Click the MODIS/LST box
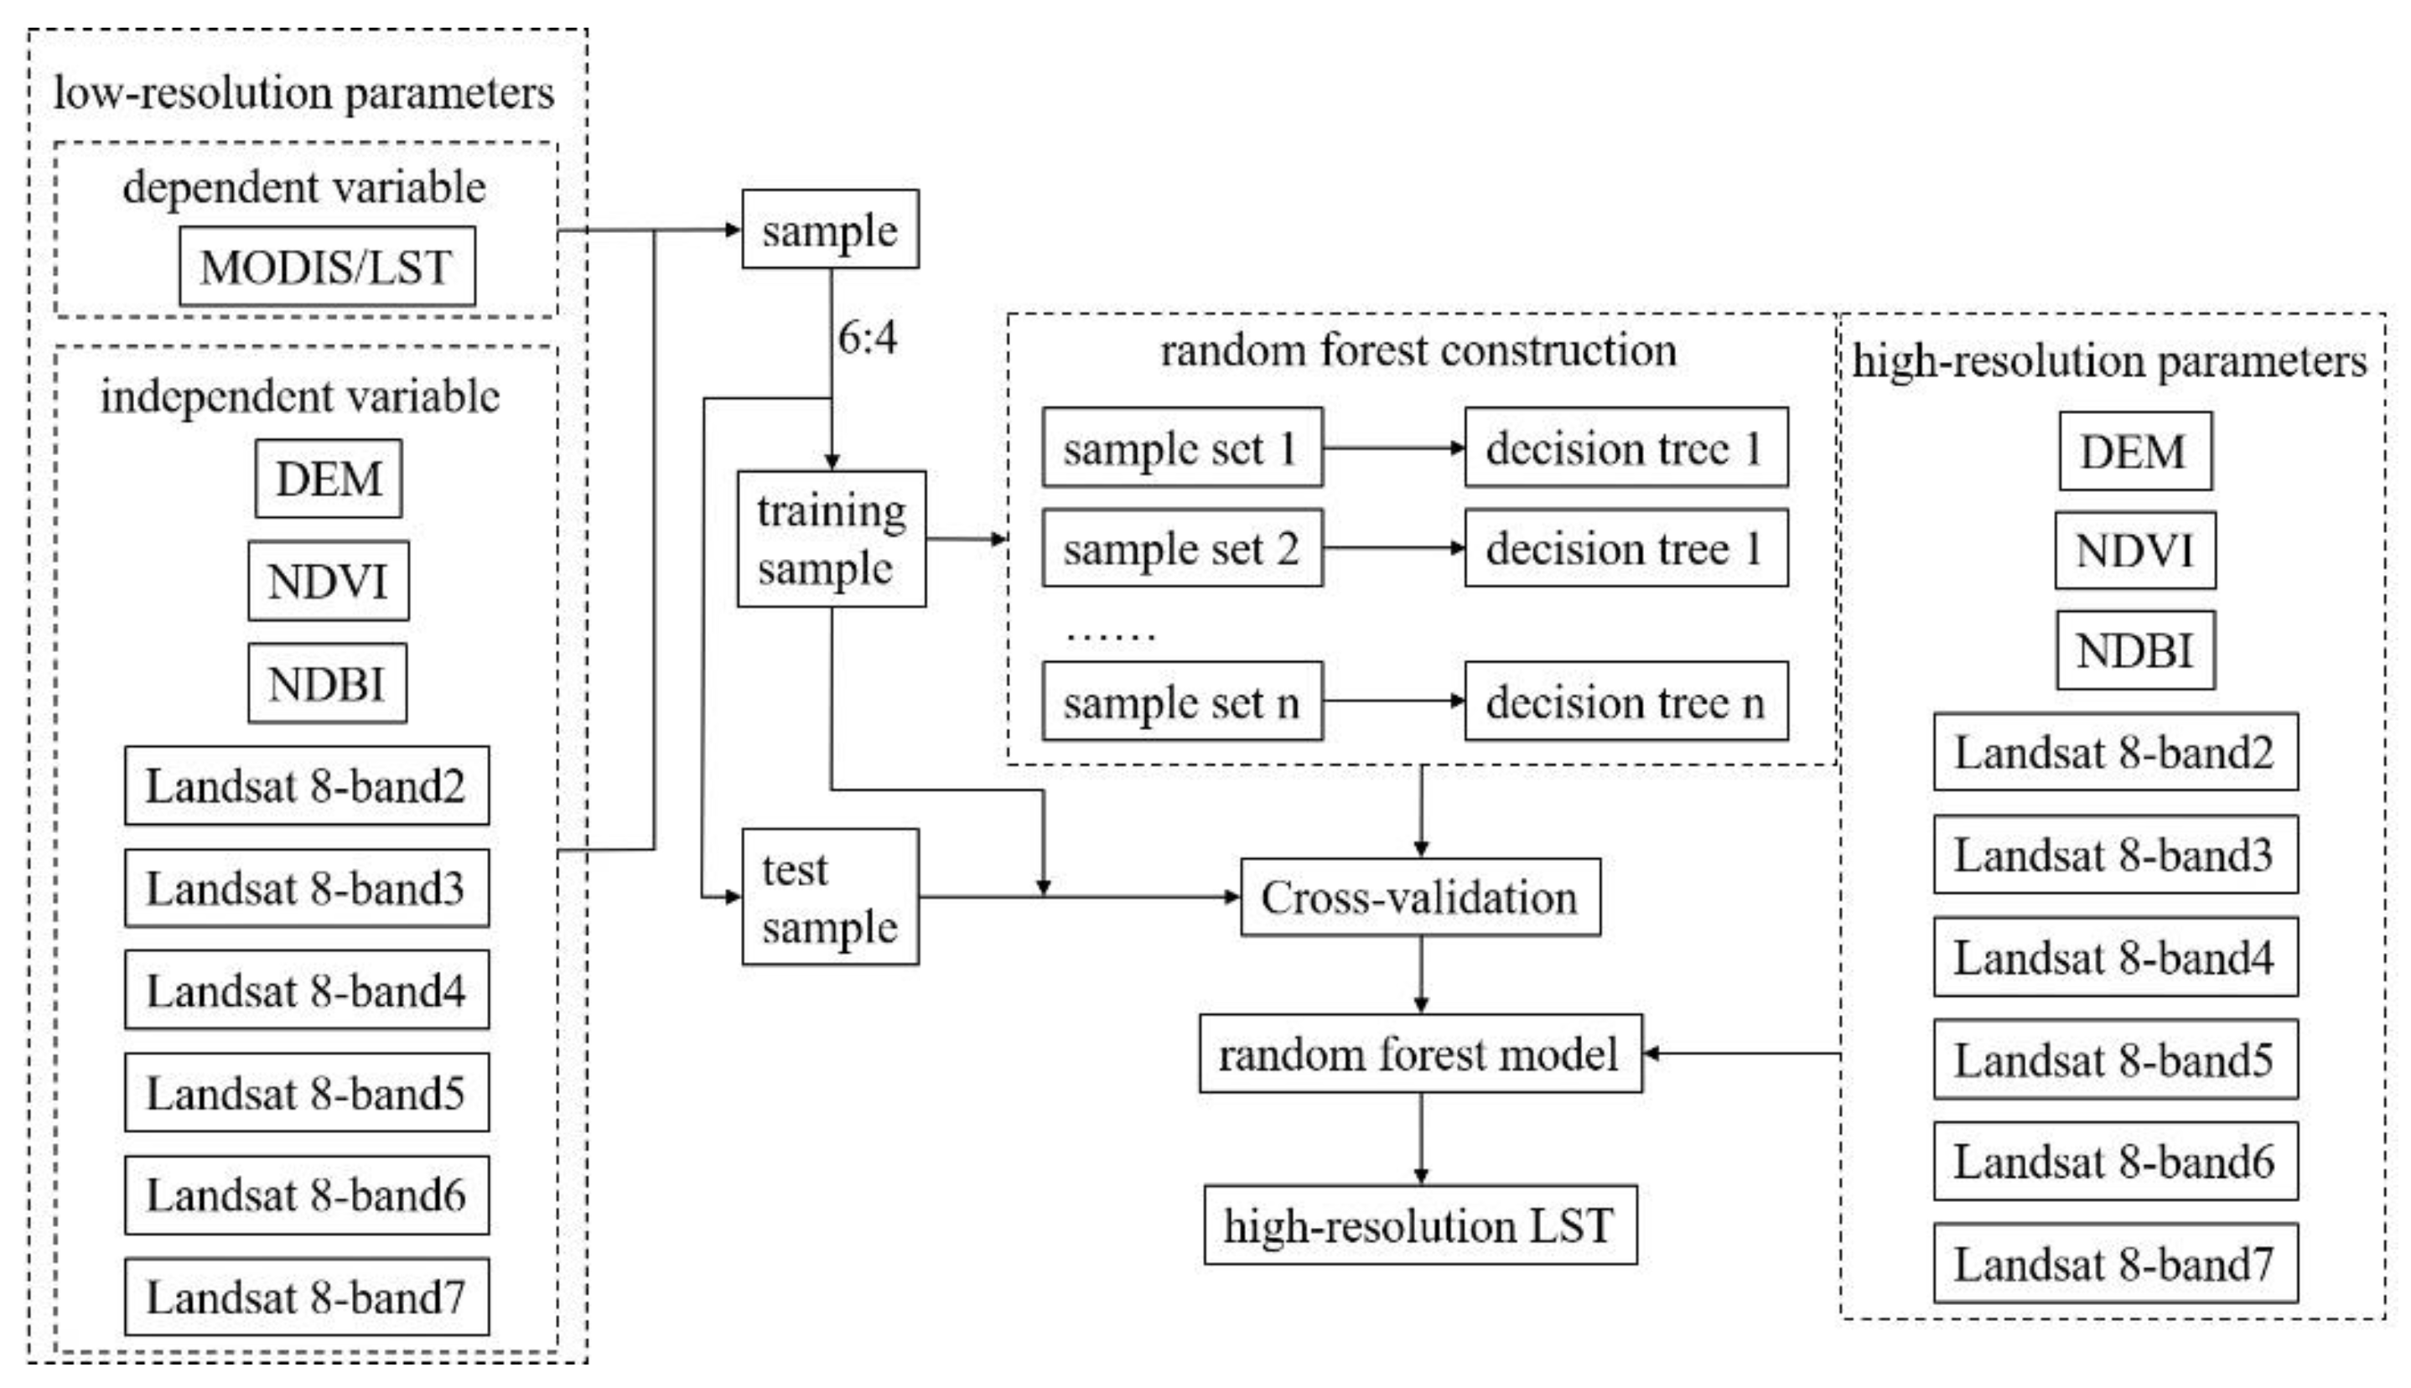(x=327, y=266)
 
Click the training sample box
(x=831, y=539)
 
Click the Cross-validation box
(x=1419, y=897)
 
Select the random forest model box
(x=1419, y=1054)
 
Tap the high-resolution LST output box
(x=1419, y=1225)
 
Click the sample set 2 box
(x=1181, y=548)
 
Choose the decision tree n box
(x=1625, y=702)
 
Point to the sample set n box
(x=1181, y=702)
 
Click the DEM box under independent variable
(x=328, y=479)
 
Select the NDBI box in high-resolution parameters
(x=2134, y=650)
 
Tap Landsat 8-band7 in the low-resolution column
(x=306, y=1297)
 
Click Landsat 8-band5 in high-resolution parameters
(x=2114, y=1059)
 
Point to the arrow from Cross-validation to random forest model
(x=1420, y=974)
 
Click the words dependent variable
(x=304, y=187)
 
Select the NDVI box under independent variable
(x=328, y=582)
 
